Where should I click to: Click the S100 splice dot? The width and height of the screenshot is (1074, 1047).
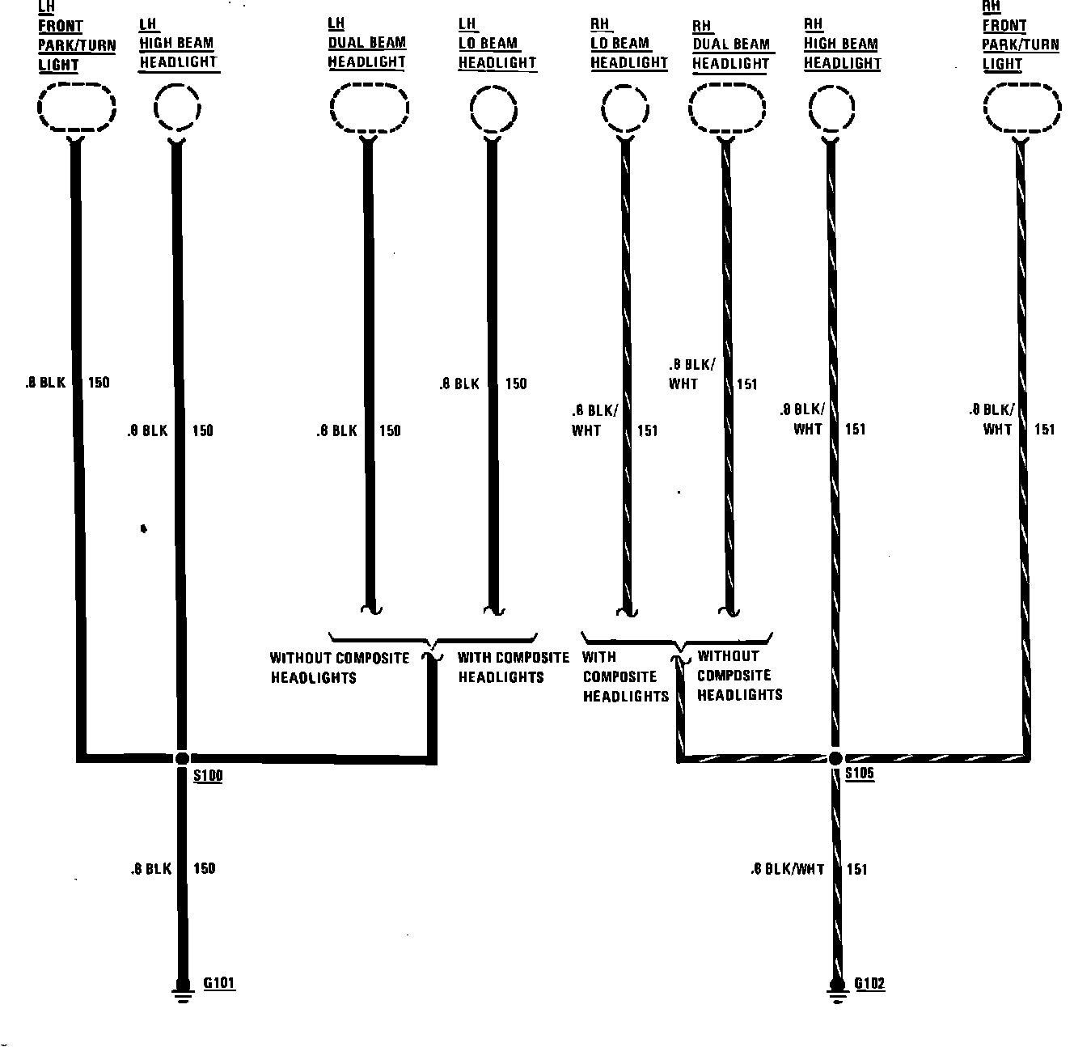click(x=182, y=758)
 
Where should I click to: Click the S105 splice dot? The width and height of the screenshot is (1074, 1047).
click(x=835, y=758)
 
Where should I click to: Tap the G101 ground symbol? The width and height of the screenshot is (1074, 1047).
click(x=183, y=991)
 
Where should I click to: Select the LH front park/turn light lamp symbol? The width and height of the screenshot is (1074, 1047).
click(x=77, y=107)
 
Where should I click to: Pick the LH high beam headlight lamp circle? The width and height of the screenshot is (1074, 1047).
click(x=177, y=108)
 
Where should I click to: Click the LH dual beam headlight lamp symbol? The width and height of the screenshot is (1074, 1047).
click(x=369, y=108)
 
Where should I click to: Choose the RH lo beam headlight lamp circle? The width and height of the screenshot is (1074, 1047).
click(x=625, y=108)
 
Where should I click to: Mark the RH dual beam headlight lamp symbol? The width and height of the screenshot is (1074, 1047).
click(x=727, y=108)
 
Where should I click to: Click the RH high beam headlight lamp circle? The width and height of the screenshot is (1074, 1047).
click(x=831, y=108)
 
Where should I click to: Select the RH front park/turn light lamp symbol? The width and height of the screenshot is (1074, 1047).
click(x=1021, y=108)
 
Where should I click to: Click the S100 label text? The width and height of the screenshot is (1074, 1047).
click(x=209, y=776)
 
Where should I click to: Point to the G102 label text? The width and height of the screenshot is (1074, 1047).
click(x=870, y=985)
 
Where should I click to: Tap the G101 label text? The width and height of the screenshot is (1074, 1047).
click(x=218, y=984)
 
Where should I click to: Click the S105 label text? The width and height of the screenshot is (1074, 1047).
click(x=860, y=774)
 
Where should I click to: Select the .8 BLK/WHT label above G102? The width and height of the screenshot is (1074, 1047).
click(x=787, y=869)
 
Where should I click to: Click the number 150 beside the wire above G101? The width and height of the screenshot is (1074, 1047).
click(x=205, y=868)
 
